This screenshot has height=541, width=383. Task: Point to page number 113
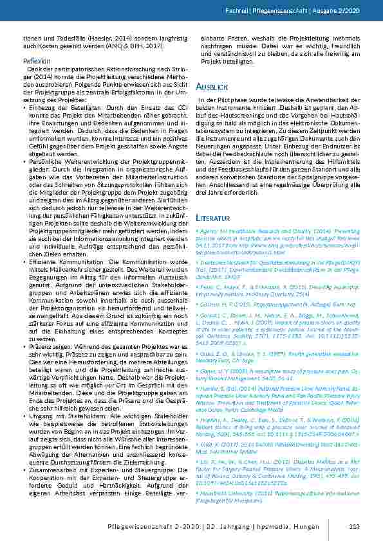(x=353, y=527)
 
